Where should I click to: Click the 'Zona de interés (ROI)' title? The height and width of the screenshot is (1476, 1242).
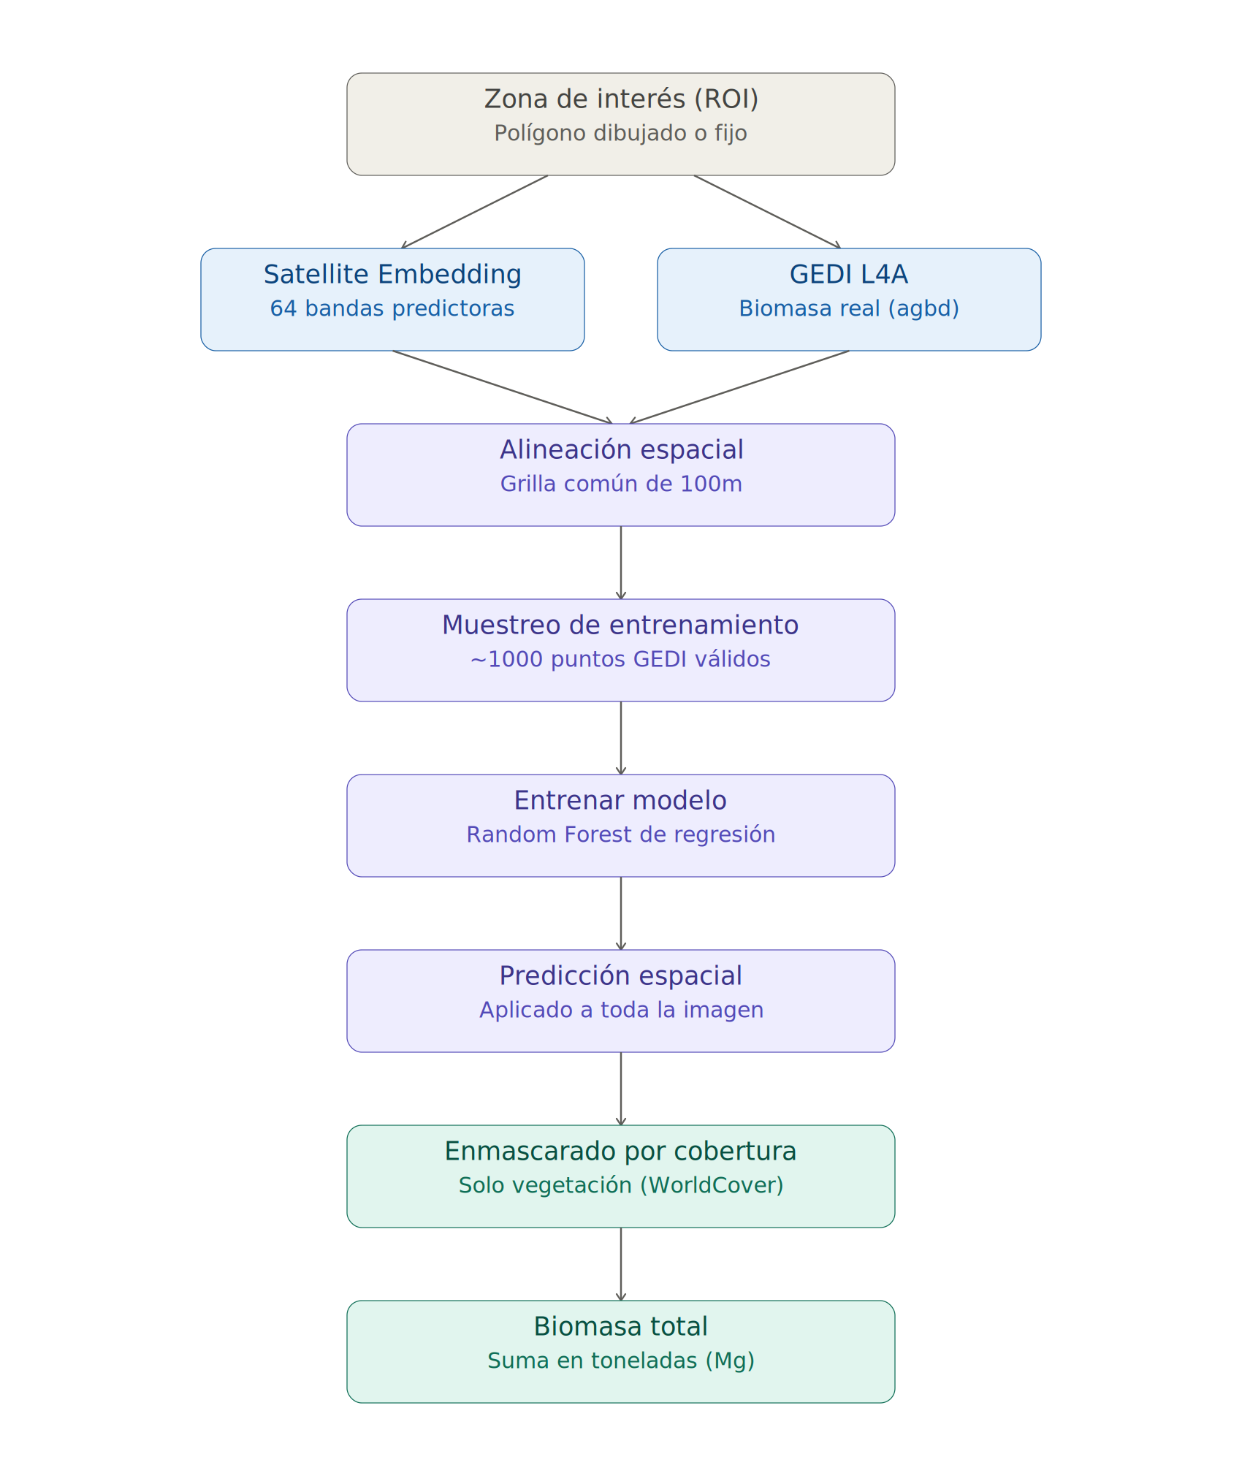pyautogui.click(x=621, y=99)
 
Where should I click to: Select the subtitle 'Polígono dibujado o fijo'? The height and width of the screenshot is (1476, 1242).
pyautogui.click(x=620, y=133)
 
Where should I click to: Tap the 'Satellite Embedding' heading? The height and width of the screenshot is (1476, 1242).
pyautogui.click(x=392, y=274)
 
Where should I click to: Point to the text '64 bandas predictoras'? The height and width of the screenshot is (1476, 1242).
pyautogui.click(x=392, y=308)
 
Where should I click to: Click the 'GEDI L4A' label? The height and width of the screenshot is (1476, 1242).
pyautogui.click(x=849, y=274)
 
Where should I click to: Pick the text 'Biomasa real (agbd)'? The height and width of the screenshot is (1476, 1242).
pyautogui.click(x=849, y=308)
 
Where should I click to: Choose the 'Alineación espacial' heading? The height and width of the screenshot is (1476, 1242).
pyautogui.click(x=621, y=450)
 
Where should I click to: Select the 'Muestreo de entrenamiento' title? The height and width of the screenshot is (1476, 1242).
pyautogui.click(x=620, y=625)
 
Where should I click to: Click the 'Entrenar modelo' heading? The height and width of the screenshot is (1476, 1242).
pyautogui.click(x=620, y=800)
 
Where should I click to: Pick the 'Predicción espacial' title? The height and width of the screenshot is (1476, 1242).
pyautogui.click(x=621, y=976)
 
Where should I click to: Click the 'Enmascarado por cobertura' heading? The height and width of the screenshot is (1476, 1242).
pyautogui.click(x=620, y=1151)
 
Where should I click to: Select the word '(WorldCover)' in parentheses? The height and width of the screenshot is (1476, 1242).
pyautogui.click(x=712, y=1185)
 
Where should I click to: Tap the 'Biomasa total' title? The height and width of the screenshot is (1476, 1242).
pyautogui.click(x=621, y=1326)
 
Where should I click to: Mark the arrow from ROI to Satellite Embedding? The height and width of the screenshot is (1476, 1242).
pyautogui.click(x=474, y=212)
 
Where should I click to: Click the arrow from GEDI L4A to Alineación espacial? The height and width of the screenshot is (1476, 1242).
pyautogui.click(x=739, y=387)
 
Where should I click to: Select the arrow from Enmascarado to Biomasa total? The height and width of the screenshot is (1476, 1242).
pyautogui.click(x=621, y=1264)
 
